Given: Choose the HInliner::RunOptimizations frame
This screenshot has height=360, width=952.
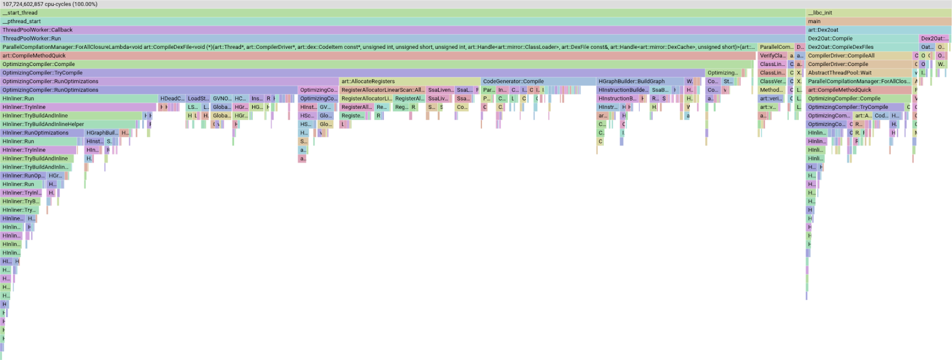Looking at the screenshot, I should [x=42, y=133].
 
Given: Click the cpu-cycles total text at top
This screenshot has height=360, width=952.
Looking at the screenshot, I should [x=50, y=4].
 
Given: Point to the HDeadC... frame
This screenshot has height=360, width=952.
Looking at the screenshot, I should [x=172, y=99].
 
